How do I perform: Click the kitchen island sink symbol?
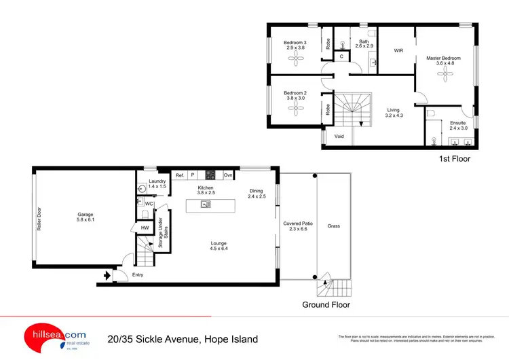pos(206,203)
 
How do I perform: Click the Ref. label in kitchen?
pos(180,175)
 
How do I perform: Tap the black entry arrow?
pos(105,276)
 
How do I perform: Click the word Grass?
pos(333,226)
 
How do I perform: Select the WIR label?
pos(398,50)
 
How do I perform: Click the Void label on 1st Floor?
pos(339,136)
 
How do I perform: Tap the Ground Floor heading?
pos(326,305)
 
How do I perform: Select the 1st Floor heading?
pos(455,159)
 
